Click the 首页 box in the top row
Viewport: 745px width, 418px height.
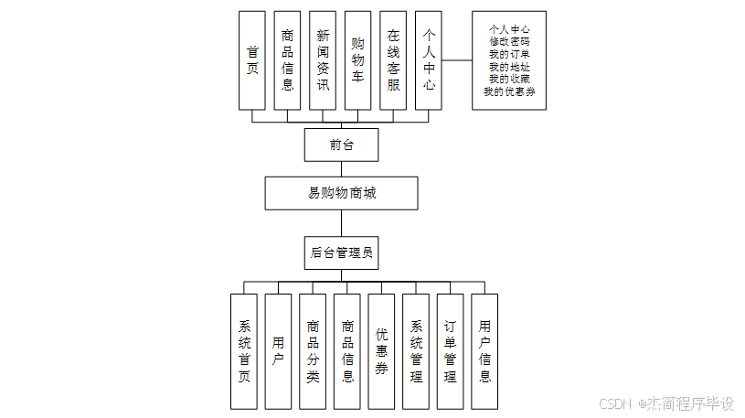pyautogui.click(x=251, y=60)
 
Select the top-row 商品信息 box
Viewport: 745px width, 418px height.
pyautogui.click(x=287, y=60)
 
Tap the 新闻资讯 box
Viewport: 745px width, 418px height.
pyautogui.click(x=323, y=60)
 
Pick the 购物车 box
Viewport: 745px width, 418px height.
pyautogui.click(x=357, y=60)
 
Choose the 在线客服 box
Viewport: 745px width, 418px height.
pyautogui.click(x=393, y=60)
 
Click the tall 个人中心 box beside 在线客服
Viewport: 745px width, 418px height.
pyautogui.click(x=429, y=60)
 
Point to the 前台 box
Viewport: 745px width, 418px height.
pyautogui.click(x=341, y=145)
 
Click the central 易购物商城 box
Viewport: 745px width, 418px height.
pyautogui.click(x=341, y=193)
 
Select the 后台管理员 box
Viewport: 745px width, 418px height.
pyautogui.click(x=341, y=252)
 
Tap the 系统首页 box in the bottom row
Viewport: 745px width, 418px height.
pyautogui.click(x=244, y=351)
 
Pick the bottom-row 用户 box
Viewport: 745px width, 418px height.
pyautogui.click(x=278, y=351)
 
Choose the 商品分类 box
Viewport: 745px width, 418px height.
pyautogui.click(x=313, y=351)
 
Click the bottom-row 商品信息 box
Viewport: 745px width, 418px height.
pyautogui.click(x=347, y=351)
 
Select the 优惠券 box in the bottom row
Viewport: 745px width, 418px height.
pyautogui.click(x=381, y=351)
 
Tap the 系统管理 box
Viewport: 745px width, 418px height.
pyautogui.click(x=416, y=351)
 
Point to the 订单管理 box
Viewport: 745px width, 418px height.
pyautogui.click(x=450, y=351)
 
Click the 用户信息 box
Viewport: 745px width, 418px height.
pyautogui.click(x=484, y=351)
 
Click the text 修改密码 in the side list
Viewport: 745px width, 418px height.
pyautogui.click(x=509, y=42)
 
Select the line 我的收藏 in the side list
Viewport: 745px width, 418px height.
pyautogui.click(x=509, y=79)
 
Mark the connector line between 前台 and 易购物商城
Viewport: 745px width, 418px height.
pyautogui.click(x=341, y=168)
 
